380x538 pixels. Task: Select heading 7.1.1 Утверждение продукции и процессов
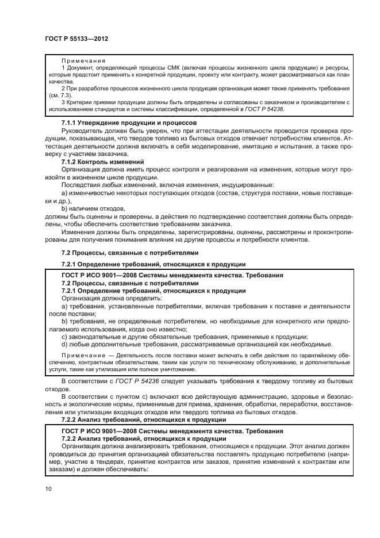[129, 123]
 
